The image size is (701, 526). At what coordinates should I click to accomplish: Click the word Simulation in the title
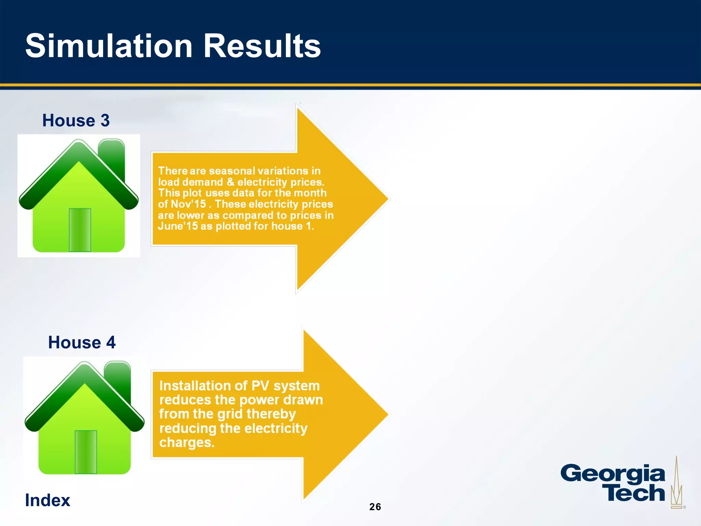[109, 46]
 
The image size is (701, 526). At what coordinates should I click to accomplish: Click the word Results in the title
[262, 46]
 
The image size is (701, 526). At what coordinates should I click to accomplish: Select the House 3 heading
[76, 121]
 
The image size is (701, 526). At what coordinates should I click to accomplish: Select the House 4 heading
[82, 342]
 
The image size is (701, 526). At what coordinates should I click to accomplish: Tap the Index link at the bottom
[48, 500]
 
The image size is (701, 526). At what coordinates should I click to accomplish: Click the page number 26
[375, 507]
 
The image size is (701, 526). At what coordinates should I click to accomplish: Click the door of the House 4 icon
[86, 452]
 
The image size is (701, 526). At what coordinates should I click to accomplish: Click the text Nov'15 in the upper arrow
[188, 204]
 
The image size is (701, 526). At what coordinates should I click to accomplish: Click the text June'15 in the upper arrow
[178, 226]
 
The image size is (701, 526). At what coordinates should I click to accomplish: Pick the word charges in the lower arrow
[187, 442]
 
